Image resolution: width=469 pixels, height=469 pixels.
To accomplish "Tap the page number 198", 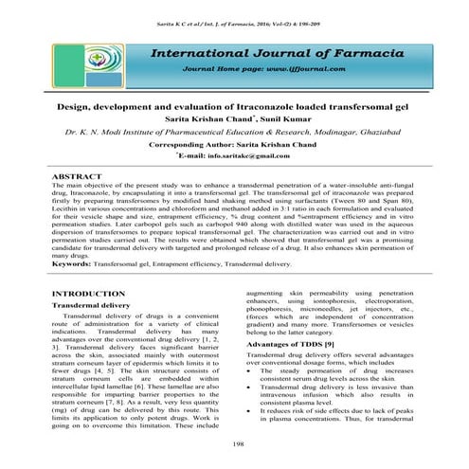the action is tap(233, 442).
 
